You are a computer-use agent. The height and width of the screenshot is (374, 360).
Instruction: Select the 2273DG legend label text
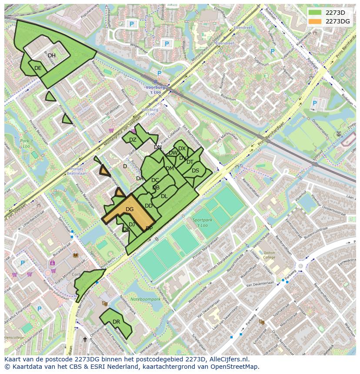337,21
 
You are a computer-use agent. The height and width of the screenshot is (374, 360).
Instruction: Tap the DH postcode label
52,55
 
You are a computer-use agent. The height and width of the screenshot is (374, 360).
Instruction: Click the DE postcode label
38,68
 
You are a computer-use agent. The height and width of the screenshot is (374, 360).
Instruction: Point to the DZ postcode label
133,139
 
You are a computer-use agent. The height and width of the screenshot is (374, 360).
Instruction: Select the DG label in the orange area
130,209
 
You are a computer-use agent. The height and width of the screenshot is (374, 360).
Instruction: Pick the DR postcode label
116,322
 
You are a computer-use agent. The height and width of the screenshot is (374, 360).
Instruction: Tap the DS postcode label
195,171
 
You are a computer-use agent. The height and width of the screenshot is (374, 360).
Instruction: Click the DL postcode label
164,196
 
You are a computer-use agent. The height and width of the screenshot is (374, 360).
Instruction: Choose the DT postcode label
190,162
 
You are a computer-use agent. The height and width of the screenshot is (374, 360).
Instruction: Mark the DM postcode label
170,169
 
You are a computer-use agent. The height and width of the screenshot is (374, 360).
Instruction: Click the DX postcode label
182,149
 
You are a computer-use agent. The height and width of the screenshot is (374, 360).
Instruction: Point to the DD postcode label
148,206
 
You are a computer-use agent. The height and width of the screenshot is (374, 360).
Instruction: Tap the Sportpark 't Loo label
200,223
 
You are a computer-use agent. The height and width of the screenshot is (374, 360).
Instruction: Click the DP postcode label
149,228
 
